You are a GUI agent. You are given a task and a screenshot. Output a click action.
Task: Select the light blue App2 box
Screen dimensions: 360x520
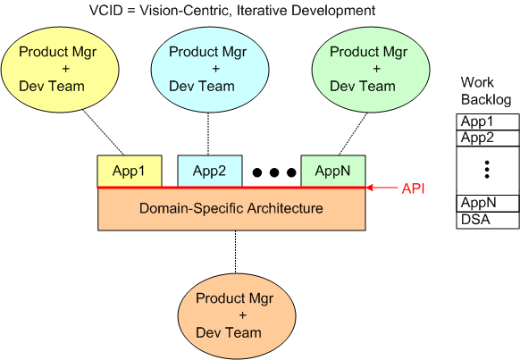[210, 171]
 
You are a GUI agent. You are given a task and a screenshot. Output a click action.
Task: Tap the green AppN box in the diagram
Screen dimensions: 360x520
[332, 171]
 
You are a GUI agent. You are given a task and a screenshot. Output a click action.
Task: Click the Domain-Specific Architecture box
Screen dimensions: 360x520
[231, 208]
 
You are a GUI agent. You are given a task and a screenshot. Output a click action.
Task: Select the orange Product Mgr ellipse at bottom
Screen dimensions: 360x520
[229, 315]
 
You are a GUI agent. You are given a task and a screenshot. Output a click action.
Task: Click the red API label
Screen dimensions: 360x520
[414, 188]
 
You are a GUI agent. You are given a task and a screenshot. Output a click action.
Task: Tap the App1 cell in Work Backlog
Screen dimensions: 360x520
[488, 121]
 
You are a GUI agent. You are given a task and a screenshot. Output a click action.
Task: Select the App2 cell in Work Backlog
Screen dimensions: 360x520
[488, 138]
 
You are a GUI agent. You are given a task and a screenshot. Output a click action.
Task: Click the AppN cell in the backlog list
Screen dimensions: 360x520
[488, 203]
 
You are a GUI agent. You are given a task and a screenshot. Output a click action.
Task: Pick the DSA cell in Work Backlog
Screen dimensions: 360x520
[488, 219]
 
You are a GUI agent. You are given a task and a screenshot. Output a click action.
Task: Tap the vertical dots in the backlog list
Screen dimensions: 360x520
[487, 170]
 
